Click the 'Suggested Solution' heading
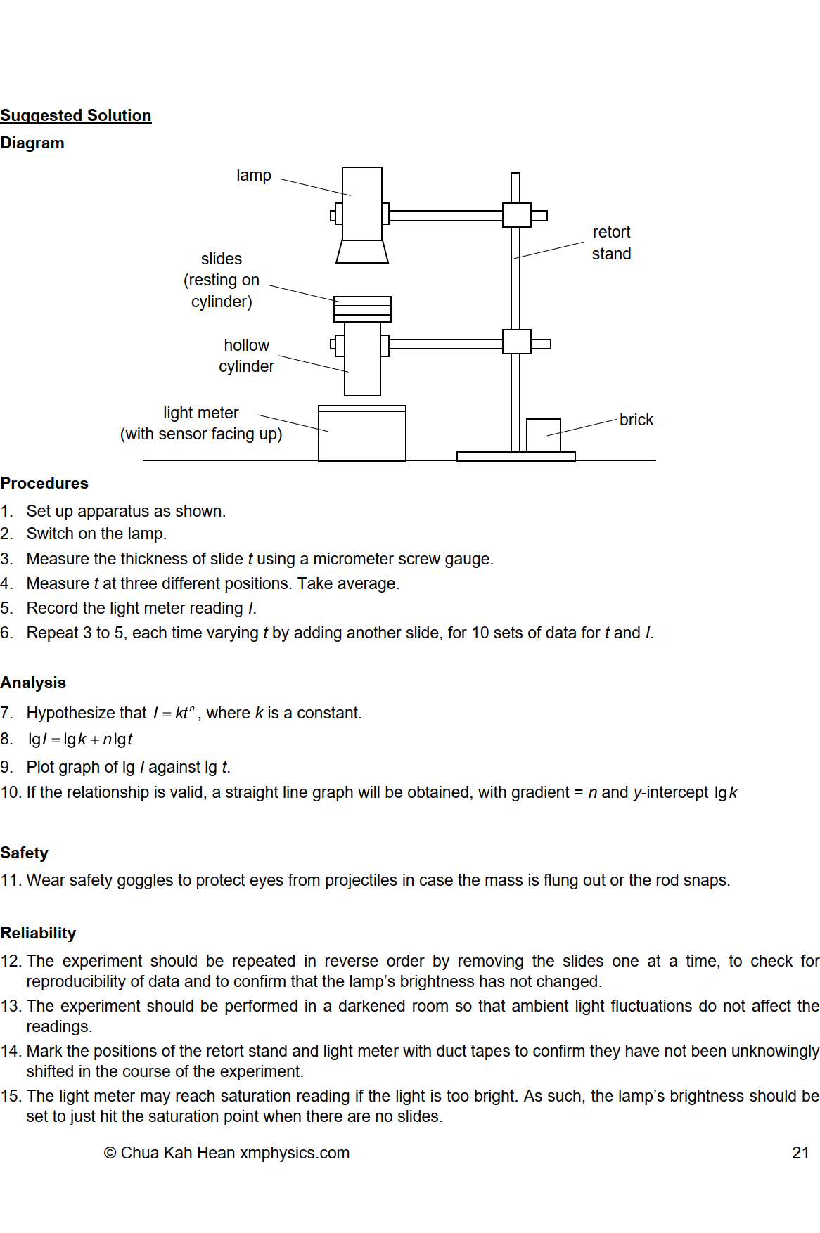[x=76, y=115]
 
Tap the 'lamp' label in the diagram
[x=253, y=175]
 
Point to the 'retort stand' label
[x=611, y=243]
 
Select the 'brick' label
[x=636, y=420]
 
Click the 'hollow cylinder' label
[x=246, y=356]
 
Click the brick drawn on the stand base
[x=543, y=435]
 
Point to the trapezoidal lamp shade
[x=362, y=252]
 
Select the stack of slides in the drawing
[x=362, y=309]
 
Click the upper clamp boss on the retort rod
[x=516, y=215]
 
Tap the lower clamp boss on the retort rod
[x=516, y=342]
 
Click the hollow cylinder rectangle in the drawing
[x=362, y=359]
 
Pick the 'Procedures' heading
[x=44, y=483]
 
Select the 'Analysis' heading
[x=33, y=683]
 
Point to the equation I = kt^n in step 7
[x=174, y=713]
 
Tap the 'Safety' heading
[x=25, y=853]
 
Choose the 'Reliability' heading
[x=38, y=933]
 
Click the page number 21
[x=800, y=1153]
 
